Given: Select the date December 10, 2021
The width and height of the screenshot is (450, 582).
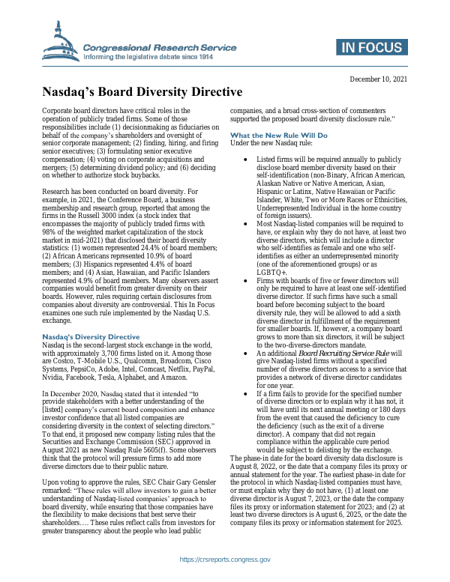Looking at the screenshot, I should click(x=379, y=80).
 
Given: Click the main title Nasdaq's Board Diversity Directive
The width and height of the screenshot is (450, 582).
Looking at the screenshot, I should click(x=141, y=93).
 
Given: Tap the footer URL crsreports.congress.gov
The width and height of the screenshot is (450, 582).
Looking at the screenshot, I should click(x=224, y=560).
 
